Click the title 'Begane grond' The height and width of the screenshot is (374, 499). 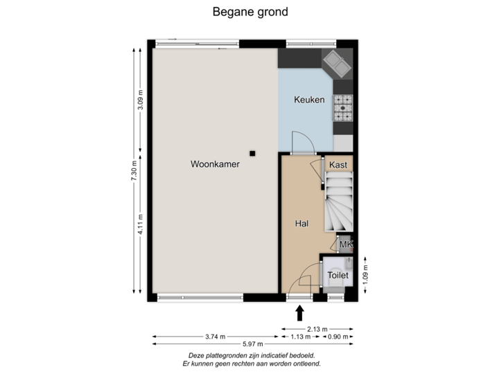point(249,12)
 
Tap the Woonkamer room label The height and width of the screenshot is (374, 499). point(215,164)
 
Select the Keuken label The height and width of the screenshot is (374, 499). point(309,100)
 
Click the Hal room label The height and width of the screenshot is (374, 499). point(301,224)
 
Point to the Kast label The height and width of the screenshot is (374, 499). point(338,165)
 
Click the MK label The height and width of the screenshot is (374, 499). point(346,244)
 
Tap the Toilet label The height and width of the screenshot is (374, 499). point(338,275)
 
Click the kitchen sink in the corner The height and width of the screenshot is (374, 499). point(339,64)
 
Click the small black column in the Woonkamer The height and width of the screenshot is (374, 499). point(253,153)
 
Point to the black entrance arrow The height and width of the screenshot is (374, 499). point(299,313)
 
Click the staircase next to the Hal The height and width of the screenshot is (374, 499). point(340,204)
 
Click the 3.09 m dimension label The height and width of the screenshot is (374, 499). point(141,101)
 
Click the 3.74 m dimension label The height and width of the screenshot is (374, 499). point(215,337)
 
